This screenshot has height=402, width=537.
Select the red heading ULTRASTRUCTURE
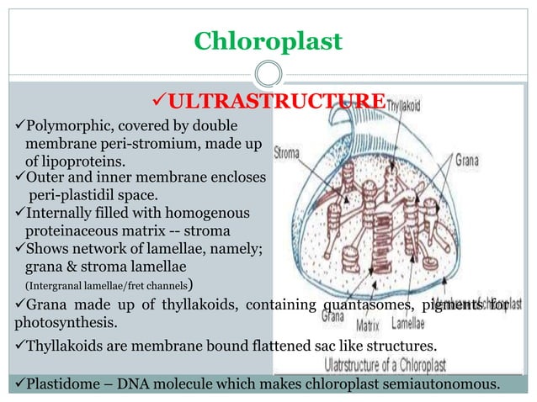[268, 103]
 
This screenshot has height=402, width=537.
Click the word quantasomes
[366, 305]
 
